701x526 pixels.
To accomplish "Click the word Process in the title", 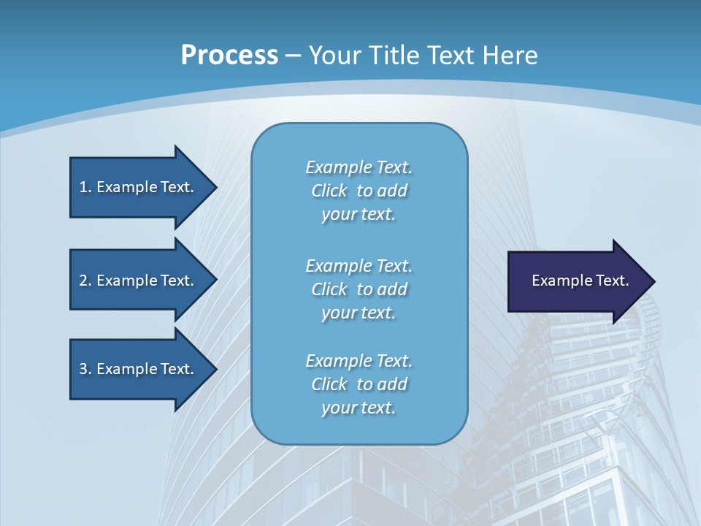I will [229, 56].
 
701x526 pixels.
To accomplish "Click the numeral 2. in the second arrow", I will [85, 281].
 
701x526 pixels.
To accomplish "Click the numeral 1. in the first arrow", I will [85, 187].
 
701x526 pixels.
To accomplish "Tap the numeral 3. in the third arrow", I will [85, 369].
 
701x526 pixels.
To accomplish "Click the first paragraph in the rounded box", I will [359, 191].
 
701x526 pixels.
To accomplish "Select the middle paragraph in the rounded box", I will [359, 289].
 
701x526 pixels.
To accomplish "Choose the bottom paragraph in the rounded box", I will [359, 384].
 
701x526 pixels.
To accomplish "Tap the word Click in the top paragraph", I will [329, 191].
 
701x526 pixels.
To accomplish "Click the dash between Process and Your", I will [293, 56].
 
